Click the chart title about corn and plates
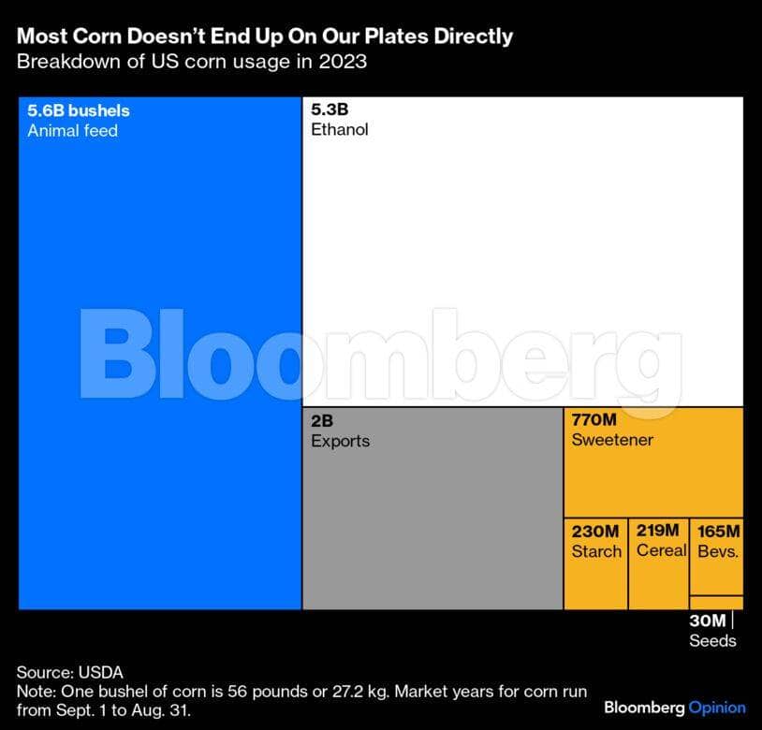click(265, 36)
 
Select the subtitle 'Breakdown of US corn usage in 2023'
click(192, 62)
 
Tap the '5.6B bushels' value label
click(79, 110)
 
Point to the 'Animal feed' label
click(72, 131)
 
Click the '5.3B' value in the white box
click(330, 109)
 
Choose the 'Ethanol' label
click(340, 130)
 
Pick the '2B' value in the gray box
click(322, 420)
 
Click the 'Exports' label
click(340, 441)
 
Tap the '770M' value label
click(593, 419)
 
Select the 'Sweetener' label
click(612, 440)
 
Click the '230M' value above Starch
click(595, 532)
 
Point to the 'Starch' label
click(596, 551)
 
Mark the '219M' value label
click(657, 531)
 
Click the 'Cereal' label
click(662, 550)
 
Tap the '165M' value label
click(719, 532)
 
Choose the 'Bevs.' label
click(718, 551)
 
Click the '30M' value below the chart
click(708, 620)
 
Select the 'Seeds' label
click(713, 641)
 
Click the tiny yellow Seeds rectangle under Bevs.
click(716, 603)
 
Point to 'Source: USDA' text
click(70, 673)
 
